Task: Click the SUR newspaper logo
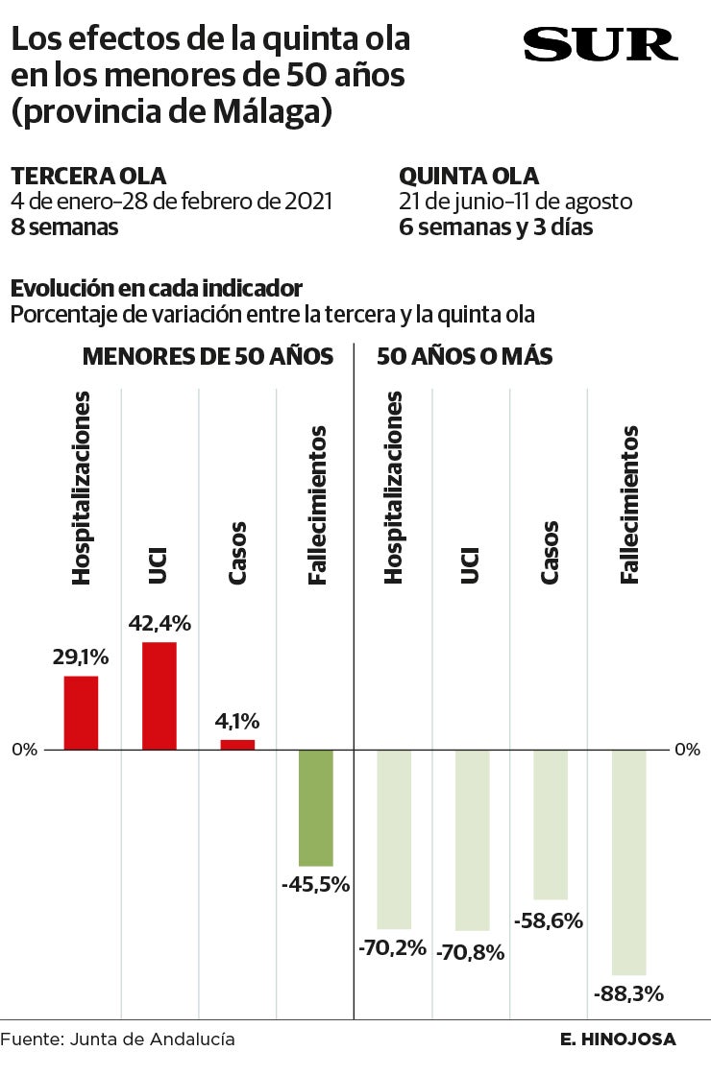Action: click(600, 45)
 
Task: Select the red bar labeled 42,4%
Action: click(159, 695)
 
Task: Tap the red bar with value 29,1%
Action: click(81, 712)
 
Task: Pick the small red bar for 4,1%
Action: click(237, 744)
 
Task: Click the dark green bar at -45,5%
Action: click(315, 807)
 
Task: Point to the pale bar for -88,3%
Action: click(628, 862)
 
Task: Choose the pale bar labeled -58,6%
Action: click(551, 824)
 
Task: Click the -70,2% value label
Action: click(392, 948)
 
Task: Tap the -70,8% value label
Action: click(471, 952)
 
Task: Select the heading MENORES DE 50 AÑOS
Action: click(208, 357)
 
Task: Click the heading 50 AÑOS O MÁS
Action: click(464, 357)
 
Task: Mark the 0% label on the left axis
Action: click(25, 750)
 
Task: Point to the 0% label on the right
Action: click(687, 750)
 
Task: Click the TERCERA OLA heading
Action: click(88, 177)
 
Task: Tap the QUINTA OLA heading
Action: click(469, 177)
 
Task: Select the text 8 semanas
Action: click(64, 227)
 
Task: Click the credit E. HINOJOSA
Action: click(618, 1039)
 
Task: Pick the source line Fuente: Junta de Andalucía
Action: click(117, 1039)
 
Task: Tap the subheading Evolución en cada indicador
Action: click(157, 289)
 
